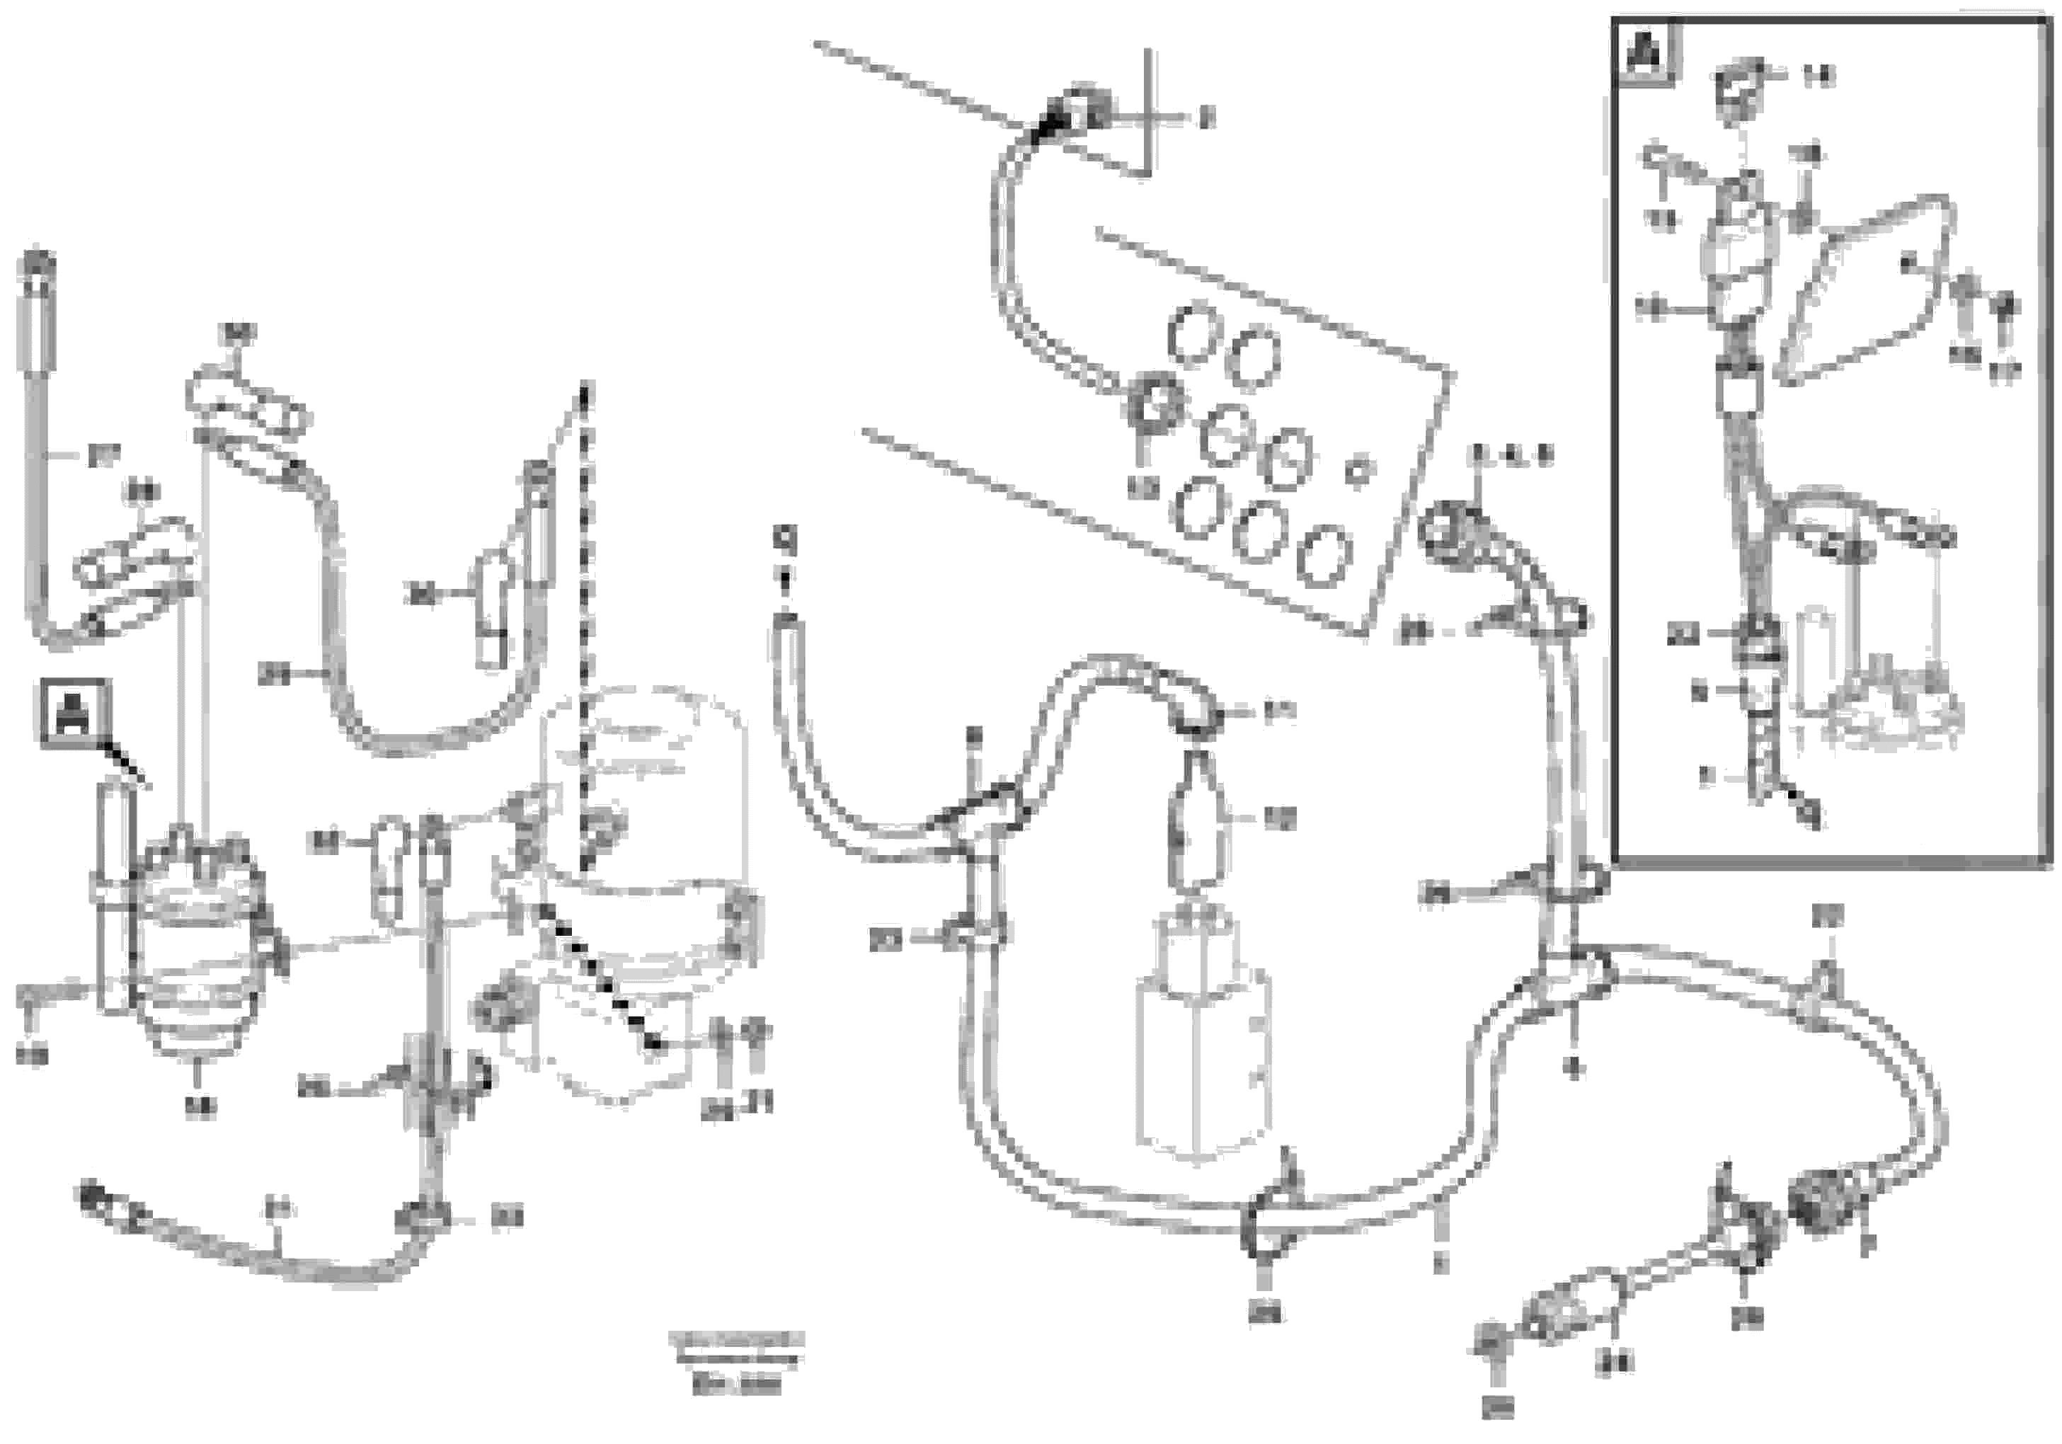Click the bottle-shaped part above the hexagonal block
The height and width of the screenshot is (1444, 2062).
point(1194,819)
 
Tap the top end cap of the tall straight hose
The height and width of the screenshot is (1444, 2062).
point(37,270)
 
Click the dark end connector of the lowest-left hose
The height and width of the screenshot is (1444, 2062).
point(93,1198)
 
